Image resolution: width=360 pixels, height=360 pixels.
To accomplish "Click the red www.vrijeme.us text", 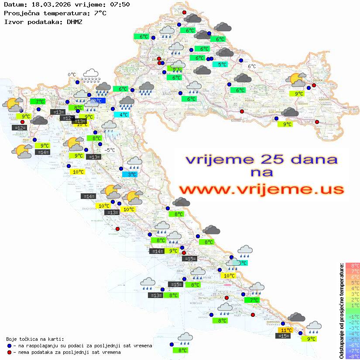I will pos(261,189).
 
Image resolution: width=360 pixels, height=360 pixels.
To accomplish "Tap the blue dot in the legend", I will pos(10,346).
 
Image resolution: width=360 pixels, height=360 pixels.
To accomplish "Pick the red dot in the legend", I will pos(10,352).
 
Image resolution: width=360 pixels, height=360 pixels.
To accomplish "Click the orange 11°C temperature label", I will pos(286,330).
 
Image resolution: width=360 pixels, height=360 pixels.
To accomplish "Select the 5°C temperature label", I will pos(222,65).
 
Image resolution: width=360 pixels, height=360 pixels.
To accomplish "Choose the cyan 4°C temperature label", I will pos(124,115).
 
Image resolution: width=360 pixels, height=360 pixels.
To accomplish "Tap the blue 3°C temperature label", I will pos(132,175).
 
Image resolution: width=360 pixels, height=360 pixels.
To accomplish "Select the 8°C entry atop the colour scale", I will pos(353,266).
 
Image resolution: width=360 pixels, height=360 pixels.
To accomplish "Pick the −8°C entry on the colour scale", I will pos(353,357).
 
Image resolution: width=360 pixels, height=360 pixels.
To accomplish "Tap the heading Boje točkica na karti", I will pos(35,339).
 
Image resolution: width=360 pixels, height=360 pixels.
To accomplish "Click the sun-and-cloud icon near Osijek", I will pos(297,80).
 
